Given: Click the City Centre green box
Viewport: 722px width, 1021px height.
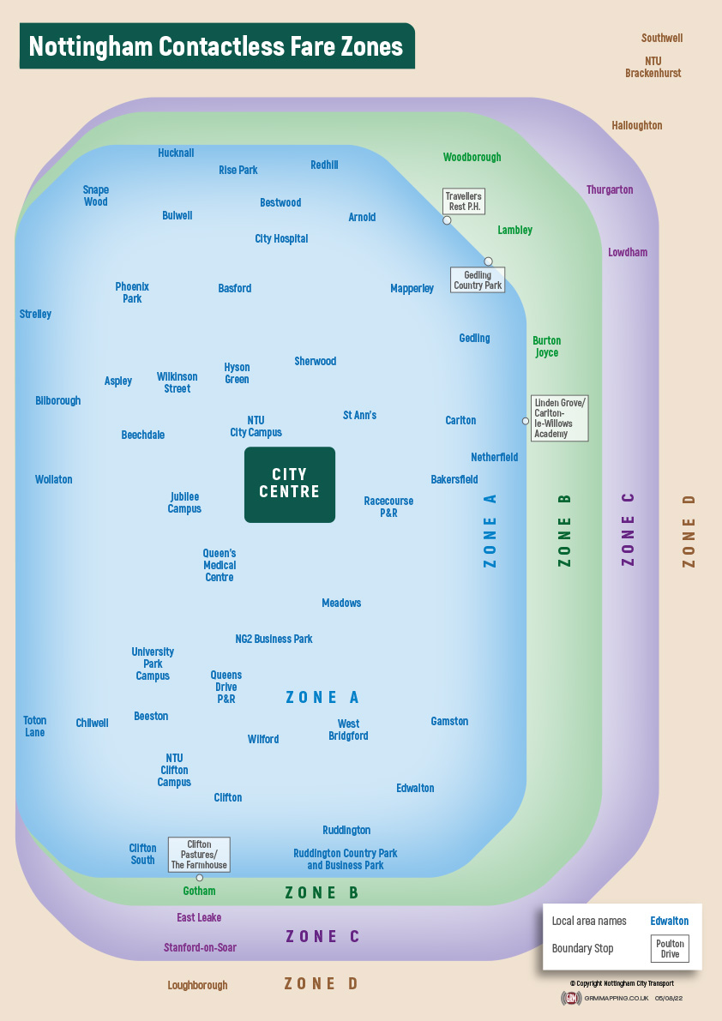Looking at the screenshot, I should [x=290, y=484].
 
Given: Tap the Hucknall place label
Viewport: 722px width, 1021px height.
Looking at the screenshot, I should [x=176, y=153].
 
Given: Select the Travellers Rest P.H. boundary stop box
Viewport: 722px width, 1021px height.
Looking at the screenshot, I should [x=464, y=201].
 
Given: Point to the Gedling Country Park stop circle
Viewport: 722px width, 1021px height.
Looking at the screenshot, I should [x=488, y=261].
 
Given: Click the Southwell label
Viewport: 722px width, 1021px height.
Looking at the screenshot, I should [x=662, y=39].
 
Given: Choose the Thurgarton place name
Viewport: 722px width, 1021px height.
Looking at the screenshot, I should [x=610, y=190].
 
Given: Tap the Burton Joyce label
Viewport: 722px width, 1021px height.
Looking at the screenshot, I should [x=546, y=346].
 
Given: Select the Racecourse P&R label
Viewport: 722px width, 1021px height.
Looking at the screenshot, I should [x=388, y=507].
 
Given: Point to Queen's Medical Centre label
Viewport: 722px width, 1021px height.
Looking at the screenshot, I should [x=220, y=566].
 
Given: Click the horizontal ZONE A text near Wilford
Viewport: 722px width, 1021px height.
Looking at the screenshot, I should [x=322, y=698].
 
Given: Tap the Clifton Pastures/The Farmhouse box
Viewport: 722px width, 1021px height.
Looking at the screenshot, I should [x=199, y=855].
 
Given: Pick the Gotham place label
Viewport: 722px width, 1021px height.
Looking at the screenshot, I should [x=199, y=892].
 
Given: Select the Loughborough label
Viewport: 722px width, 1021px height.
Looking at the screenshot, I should [x=197, y=986].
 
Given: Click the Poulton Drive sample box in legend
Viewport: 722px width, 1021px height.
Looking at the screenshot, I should [x=670, y=949].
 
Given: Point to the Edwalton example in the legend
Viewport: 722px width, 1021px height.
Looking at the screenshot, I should [x=669, y=922].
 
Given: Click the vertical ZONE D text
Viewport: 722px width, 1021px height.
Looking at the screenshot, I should [x=689, y=531].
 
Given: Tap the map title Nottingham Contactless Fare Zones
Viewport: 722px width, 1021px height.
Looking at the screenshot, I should [x=216, y=46].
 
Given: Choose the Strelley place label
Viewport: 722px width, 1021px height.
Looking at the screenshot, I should [x=35, y=315].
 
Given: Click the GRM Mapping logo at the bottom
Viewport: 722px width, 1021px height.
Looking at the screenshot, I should [x=571, y=999].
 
